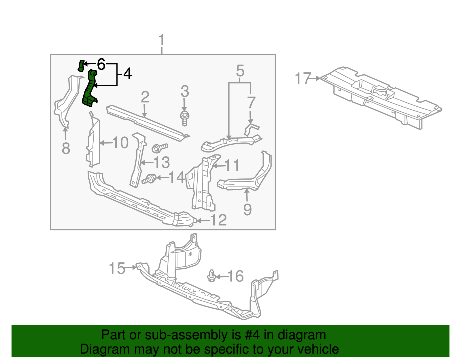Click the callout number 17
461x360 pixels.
point(303,78)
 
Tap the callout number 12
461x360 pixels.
point(219,220)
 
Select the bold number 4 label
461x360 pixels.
point(127,73)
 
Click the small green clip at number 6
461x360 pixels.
point(81,66)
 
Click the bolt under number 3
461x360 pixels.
point(184,118)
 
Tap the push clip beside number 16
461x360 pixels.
point(212,276)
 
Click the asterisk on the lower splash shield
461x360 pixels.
point(190,254)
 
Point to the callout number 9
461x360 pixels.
point(247,210)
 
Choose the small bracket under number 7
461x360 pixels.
point(251,129)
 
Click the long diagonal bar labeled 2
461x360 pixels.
point(147,123)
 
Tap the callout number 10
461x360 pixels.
point(120,143)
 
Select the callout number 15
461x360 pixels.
point(117,268)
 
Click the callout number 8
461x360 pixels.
point(66,149)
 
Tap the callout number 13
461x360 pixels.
point(162,163)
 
